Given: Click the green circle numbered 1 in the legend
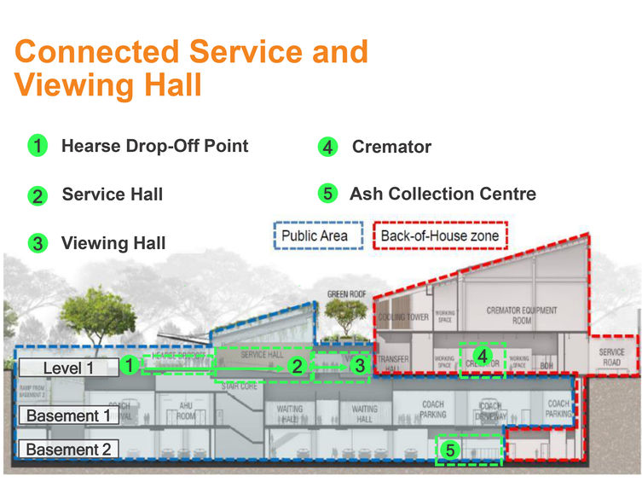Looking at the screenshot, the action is pos(37,146).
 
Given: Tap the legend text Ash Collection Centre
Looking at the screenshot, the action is pos(442,194).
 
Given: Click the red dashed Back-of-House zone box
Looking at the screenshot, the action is pos(439,235).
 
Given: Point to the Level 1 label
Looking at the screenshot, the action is pos(69,369).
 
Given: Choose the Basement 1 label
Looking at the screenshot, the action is pos(68,416).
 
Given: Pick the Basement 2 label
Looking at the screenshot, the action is pos(68,450).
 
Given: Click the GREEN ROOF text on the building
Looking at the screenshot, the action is pos(347,294).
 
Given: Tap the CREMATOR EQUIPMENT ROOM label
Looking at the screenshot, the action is pos(521,316).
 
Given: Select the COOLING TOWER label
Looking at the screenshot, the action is pos(404,317).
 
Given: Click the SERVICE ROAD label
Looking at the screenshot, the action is pos(611,357).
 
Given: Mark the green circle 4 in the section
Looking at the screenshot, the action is pos(482,356).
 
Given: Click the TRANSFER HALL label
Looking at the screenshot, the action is pos(393,364).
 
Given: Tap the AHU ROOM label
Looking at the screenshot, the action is pos(186,411).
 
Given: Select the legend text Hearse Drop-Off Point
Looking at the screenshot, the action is pos(154,146).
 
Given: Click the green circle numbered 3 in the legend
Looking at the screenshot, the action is pos(37,243).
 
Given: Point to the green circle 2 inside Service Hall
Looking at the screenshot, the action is pos(297,366).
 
